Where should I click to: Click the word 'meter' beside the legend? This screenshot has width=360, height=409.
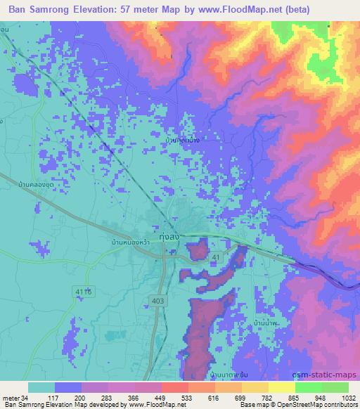[x=10, y=398]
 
